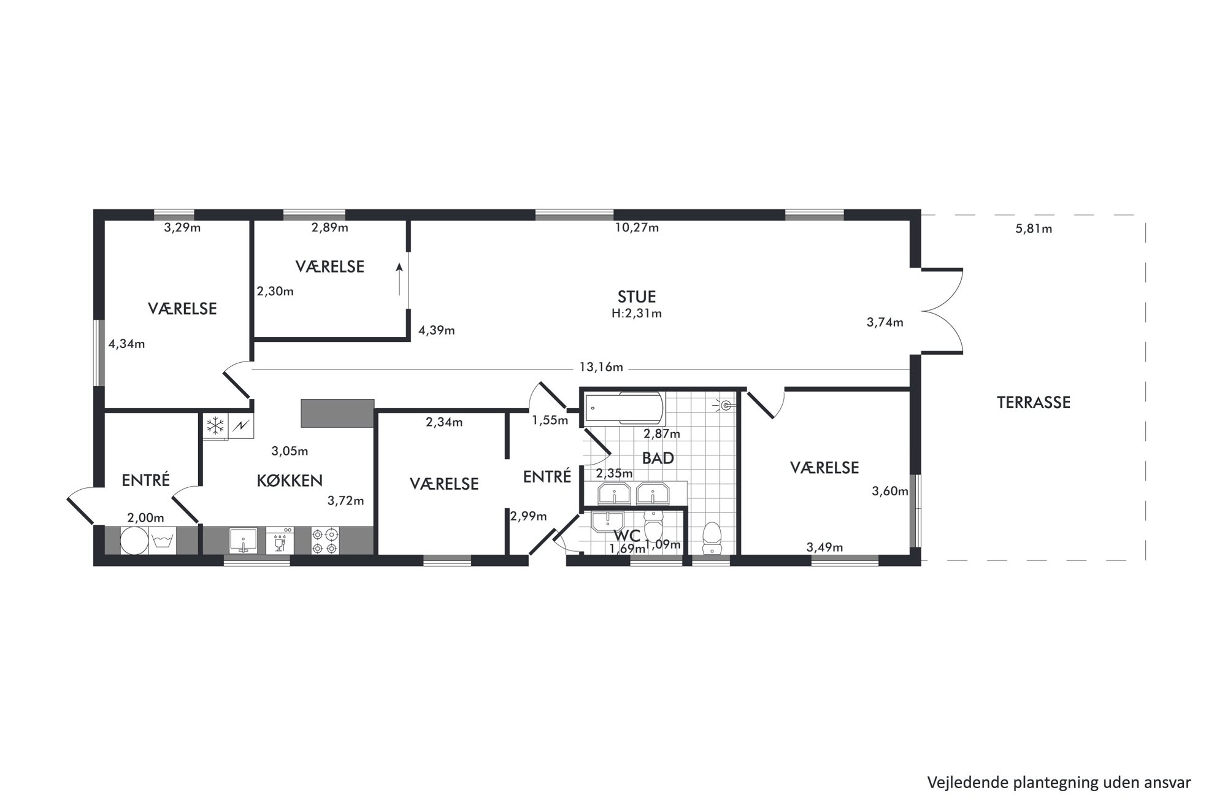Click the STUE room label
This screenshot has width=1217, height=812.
click(636, 297)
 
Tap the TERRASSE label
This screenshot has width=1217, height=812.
click(1034, 403)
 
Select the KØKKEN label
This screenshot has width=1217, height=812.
click(290, 481)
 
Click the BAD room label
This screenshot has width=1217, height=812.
click(658, 458)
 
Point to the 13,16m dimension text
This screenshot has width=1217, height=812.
click(601, 367)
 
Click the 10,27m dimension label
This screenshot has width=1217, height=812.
click(637, 228)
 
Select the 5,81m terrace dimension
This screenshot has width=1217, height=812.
click(1034, 229)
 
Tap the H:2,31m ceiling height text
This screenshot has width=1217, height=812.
click(636, 314)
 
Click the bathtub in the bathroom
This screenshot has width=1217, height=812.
click(624, 409)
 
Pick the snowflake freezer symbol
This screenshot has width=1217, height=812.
click(215, 425)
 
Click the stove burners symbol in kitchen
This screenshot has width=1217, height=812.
click(324, 541)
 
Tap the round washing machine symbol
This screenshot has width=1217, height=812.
click(134, 541)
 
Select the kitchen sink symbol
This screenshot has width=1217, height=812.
click(244, 541)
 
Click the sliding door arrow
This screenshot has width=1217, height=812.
click(399, 279)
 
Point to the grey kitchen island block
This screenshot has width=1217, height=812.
click(337, 413)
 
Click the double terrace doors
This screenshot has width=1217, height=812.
click(941, 311)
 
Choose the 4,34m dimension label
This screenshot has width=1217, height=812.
click(126, 344)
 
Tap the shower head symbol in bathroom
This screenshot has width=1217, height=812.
click(726, 405)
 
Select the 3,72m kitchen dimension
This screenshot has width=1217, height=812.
click(345, 501)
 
